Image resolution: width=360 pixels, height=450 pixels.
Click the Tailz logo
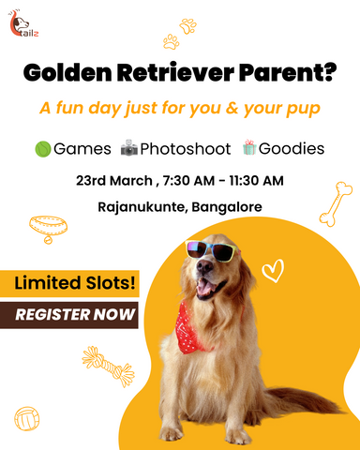pos(22,23)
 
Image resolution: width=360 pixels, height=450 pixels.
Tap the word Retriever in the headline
pos(175,72)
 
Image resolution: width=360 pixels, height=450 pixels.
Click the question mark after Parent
pos(329,72)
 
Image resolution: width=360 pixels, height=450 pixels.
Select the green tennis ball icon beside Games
pos(43,149)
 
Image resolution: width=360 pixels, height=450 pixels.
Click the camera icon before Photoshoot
pos(129,148)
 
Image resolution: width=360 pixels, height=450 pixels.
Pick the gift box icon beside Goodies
pos(249,147)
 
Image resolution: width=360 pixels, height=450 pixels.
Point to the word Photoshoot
pos(186,149)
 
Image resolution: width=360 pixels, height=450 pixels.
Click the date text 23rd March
pos(114,181)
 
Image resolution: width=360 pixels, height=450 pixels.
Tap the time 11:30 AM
pos(256,181)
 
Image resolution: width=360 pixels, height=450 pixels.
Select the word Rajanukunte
pos(142,207)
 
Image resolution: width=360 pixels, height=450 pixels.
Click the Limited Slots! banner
pos(69,283)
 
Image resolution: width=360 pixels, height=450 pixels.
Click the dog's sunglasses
pos(212,250)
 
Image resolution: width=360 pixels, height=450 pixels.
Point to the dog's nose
pos(204,266)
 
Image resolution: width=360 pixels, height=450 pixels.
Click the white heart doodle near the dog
pos(273,271)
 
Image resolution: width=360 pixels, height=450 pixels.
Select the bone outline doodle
pos(336,203)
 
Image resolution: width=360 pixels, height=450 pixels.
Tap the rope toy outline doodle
pos(108,366)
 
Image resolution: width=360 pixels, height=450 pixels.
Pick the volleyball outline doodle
pos(27,419)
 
